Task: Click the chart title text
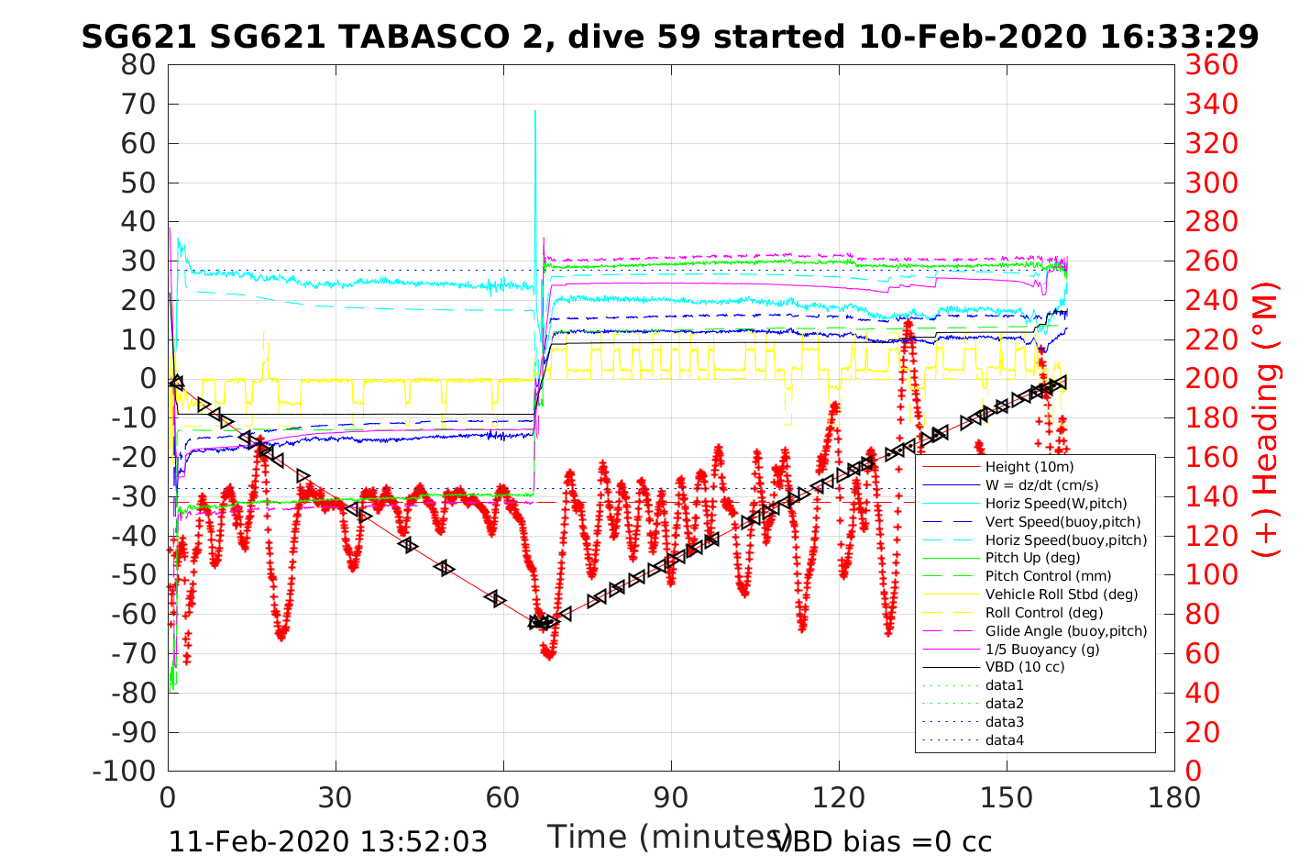tap(669, 37)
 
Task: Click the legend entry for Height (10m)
tap(1029, 467)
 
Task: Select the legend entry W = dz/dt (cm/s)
tap(1041, 485)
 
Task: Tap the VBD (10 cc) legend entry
tap(1025, 667)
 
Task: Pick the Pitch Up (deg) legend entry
tap(1032, 558)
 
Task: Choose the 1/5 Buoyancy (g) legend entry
tap(1042, 649)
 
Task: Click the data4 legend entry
tap(1004, 739)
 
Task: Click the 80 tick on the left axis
tap(139, 65)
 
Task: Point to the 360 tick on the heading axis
tap(1211, 65)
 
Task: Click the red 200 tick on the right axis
tap(1211, 379)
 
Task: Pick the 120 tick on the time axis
tap(839, 797)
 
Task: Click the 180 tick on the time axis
tap(1174, 797)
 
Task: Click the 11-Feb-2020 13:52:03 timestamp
tap(328, 841)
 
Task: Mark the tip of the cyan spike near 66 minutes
tap(535, 111)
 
